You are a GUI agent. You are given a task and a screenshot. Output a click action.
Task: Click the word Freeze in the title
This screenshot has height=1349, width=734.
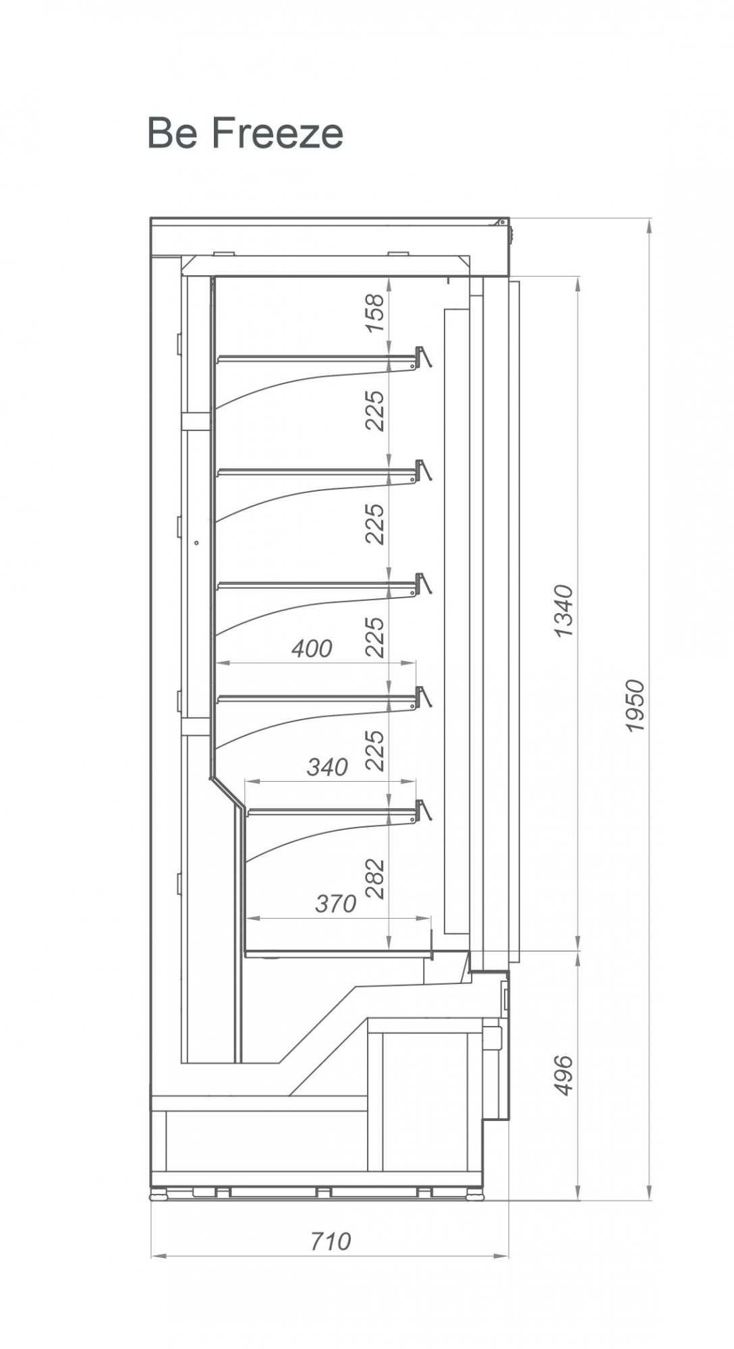coord(277,133)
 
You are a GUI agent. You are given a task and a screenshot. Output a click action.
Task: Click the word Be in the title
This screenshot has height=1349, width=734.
coord(173,133)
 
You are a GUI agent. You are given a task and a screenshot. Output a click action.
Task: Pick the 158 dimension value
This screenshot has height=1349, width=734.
coord(374,313)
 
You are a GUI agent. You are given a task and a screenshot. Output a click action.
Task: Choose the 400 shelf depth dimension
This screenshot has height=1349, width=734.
coord(312,648)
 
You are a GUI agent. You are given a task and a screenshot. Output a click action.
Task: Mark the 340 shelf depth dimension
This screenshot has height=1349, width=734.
coord(327,767)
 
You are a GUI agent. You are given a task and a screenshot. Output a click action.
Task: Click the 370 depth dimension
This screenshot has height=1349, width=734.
coord(335,903)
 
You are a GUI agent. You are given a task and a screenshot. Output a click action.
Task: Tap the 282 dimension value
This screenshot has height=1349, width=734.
coord(374,879)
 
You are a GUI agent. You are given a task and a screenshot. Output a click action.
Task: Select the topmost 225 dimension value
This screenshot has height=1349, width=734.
coord(374,410)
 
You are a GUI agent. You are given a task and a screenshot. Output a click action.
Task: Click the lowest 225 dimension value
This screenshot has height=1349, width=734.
coord(374,750)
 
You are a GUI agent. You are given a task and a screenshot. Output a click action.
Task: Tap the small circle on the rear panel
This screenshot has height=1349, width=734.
coord(196,542)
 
